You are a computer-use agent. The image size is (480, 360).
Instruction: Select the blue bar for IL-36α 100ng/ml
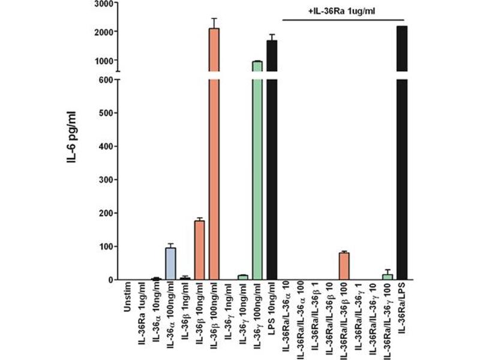tap(170, 264)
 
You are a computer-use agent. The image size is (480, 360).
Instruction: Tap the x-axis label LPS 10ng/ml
tap(272, 312)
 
